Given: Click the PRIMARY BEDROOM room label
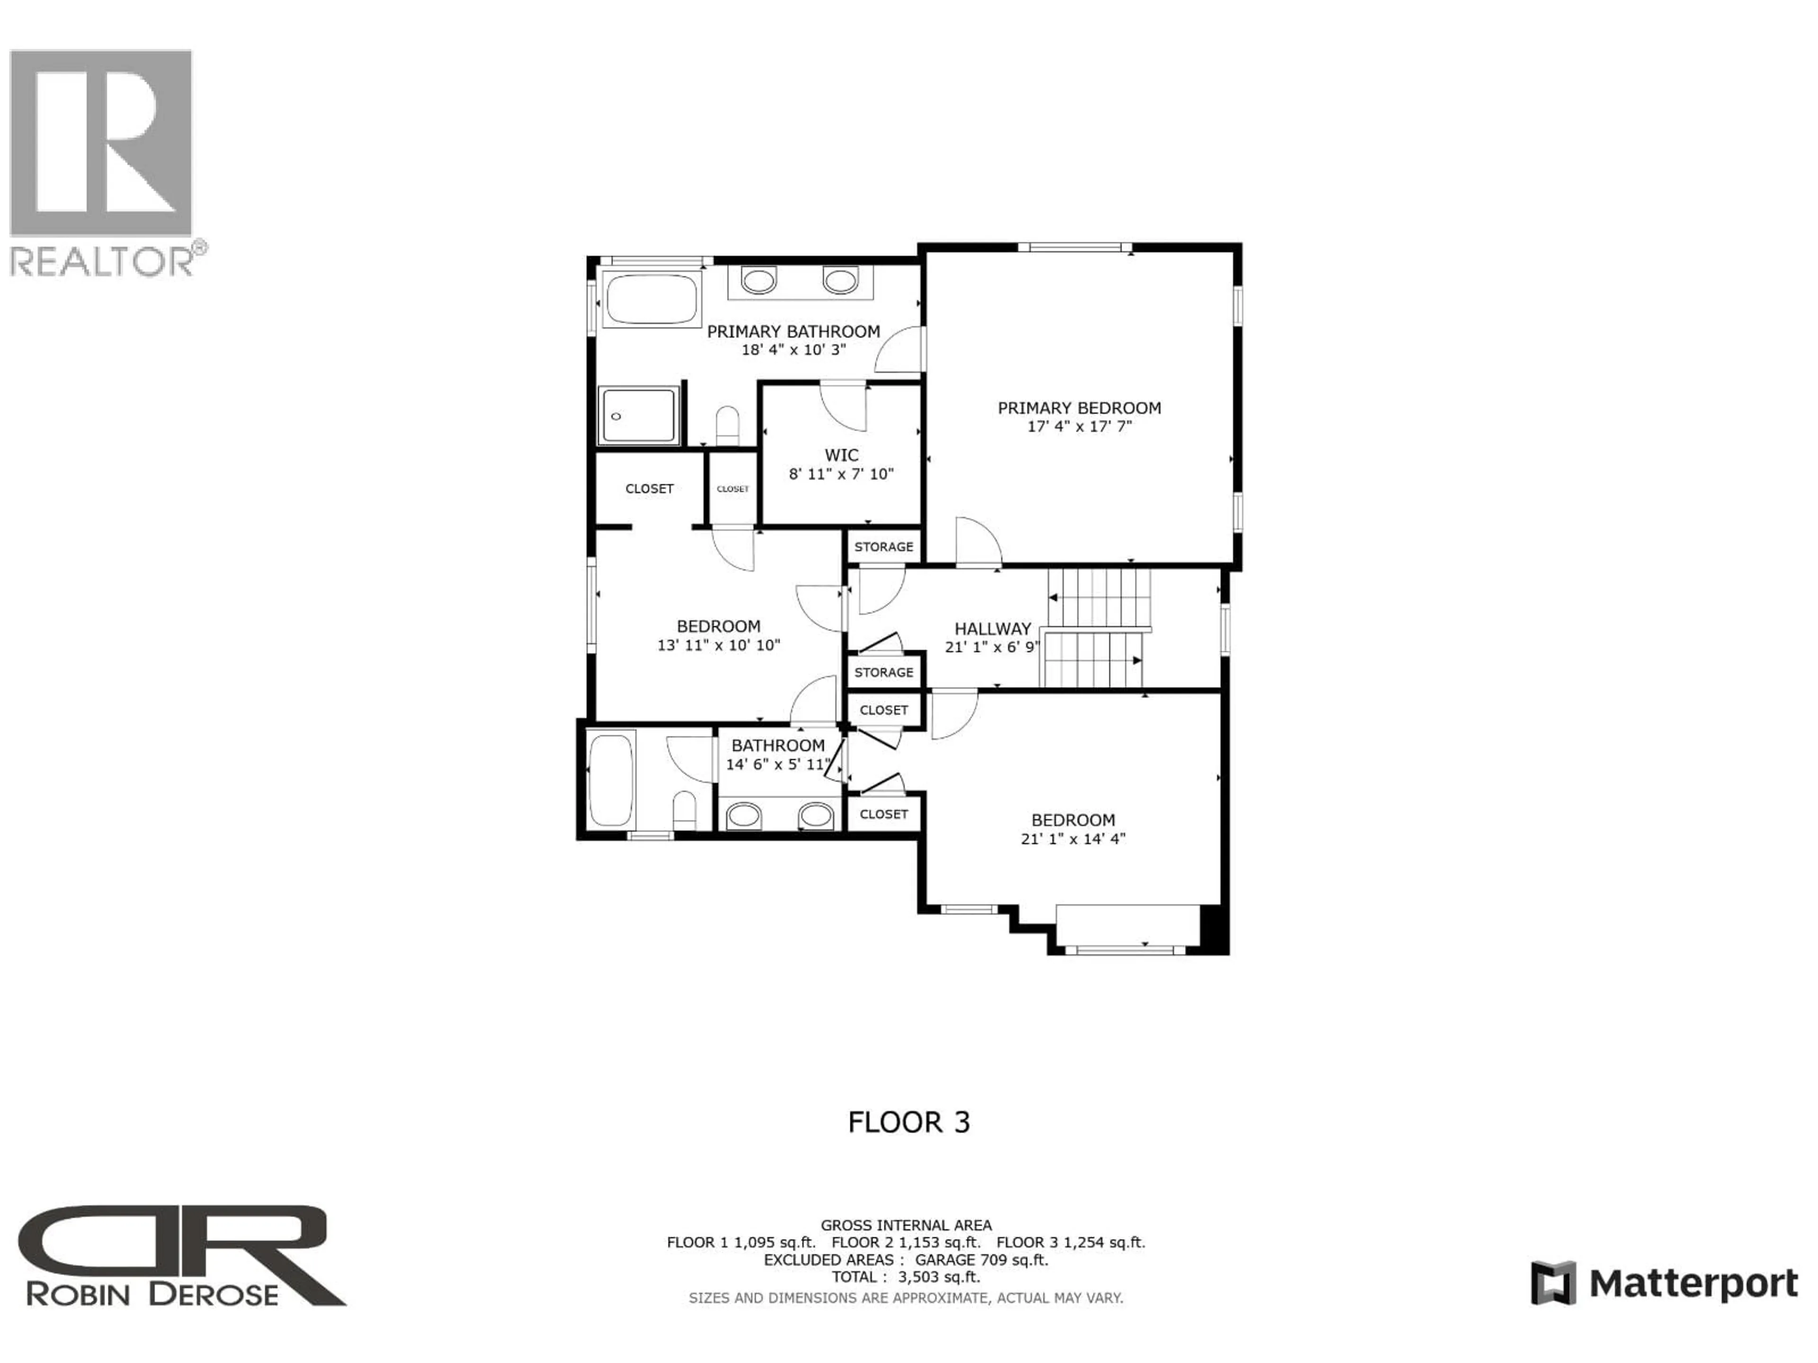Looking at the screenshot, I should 1078,407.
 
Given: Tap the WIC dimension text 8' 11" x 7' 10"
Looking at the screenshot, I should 841,474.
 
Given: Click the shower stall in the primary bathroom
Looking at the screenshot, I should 639,416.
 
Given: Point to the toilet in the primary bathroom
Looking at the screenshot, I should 727,425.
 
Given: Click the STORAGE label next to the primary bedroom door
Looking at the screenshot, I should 883,546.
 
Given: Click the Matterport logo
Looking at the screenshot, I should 1664,1283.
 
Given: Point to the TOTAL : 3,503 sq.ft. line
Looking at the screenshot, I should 906,1277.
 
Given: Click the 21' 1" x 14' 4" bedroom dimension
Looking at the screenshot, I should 1072,839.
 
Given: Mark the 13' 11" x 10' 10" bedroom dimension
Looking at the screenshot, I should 718,646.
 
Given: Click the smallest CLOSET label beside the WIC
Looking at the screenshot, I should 732,489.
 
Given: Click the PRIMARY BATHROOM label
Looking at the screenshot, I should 793,331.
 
